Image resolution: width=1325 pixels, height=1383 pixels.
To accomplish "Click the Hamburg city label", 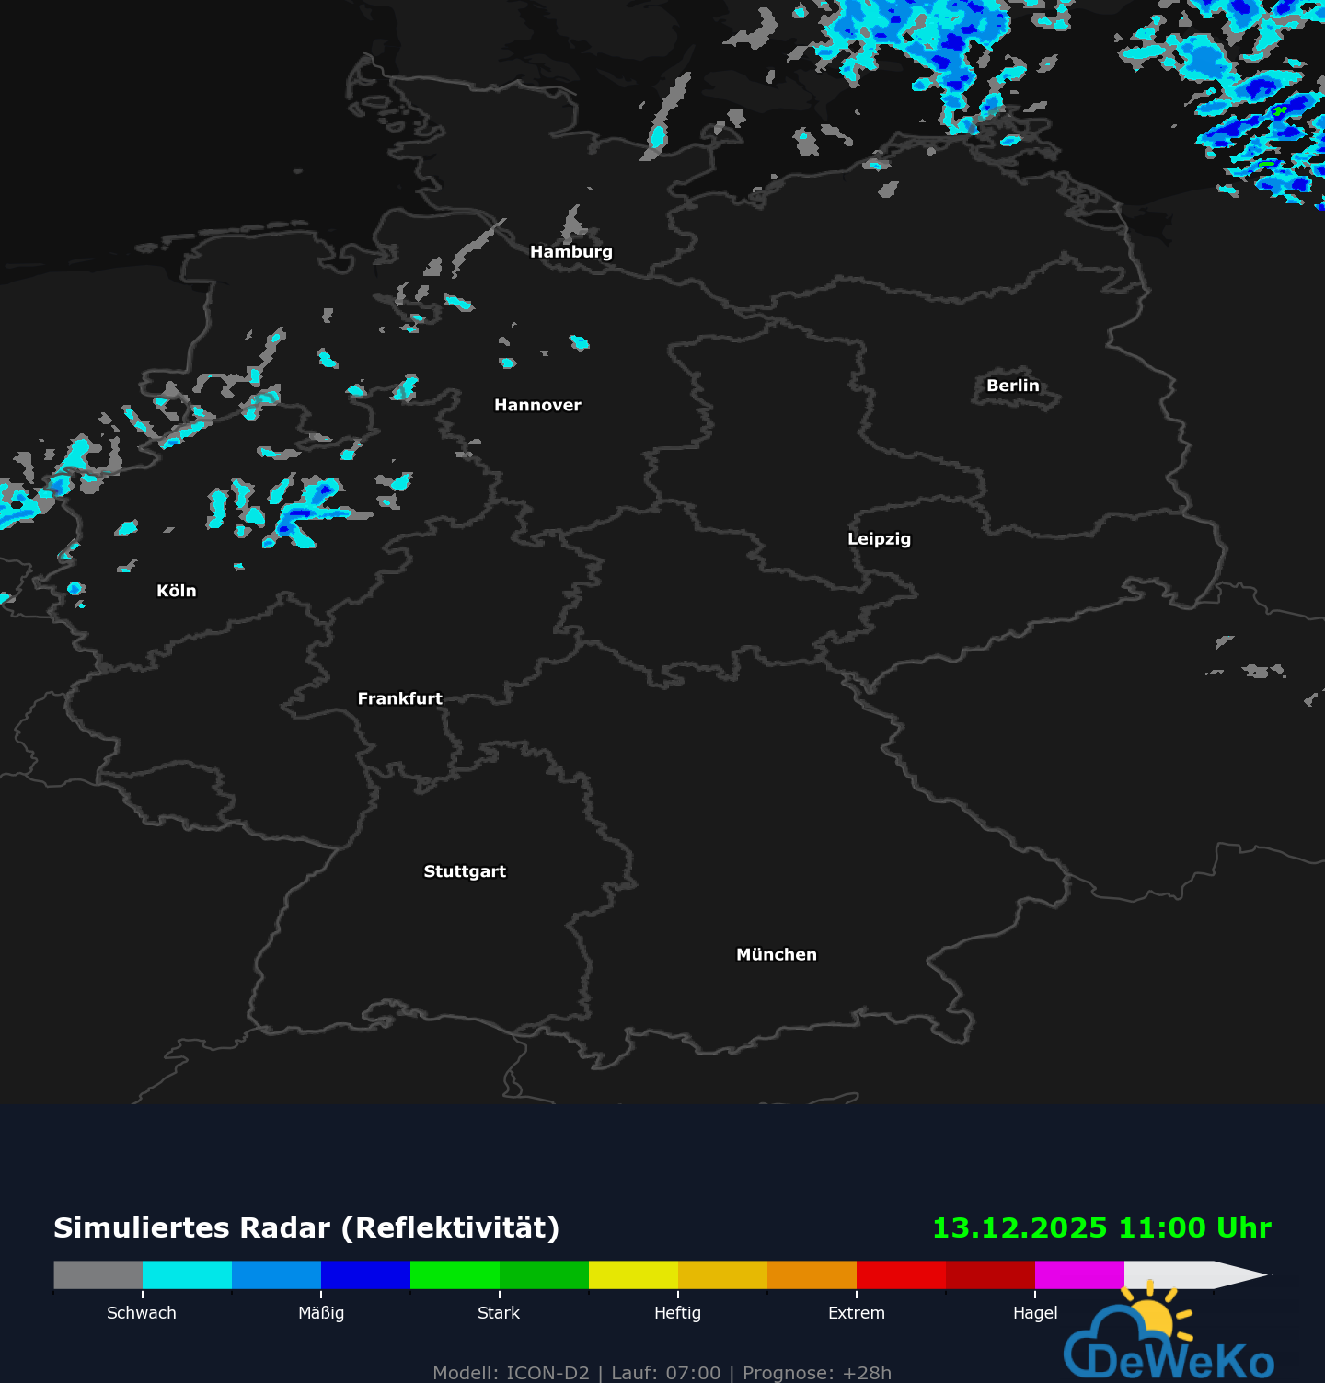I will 570,252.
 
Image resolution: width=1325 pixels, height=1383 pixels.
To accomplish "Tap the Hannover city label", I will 537,406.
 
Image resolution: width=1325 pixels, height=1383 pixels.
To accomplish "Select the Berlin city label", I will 1012,386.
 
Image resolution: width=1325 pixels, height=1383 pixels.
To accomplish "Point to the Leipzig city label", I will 879,539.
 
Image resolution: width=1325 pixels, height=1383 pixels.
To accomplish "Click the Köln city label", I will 176,591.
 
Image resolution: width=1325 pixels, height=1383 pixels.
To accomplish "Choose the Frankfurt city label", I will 399,699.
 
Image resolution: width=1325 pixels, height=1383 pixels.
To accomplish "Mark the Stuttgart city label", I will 465,871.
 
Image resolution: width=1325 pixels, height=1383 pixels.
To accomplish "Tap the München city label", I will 776,955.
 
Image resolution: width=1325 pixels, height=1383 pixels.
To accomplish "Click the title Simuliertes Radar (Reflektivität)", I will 306,1228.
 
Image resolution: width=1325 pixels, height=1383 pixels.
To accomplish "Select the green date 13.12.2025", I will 1020,1228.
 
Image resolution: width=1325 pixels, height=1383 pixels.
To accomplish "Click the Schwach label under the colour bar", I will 142,1313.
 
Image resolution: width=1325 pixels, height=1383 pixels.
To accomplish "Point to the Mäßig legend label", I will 321,1313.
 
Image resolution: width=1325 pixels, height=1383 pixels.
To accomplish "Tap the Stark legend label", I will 499,1313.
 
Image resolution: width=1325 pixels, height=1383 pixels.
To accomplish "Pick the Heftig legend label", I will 677,1313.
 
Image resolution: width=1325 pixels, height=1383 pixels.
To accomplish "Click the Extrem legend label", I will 856,1313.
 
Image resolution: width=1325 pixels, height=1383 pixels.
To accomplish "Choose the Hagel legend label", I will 1035,1313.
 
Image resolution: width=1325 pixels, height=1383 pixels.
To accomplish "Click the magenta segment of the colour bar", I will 1079,1275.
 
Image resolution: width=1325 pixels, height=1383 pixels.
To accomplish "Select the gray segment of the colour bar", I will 98,1275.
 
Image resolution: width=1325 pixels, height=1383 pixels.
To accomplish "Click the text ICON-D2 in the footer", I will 547,1373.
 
